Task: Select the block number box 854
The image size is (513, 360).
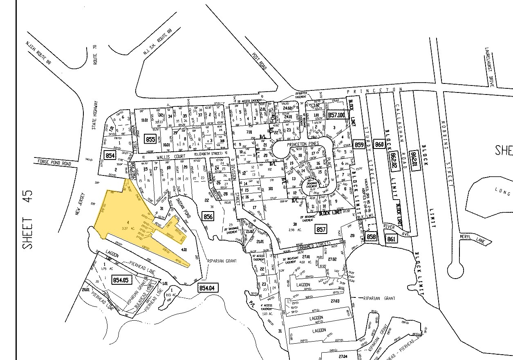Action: pyautogui.click(x=110, y=156)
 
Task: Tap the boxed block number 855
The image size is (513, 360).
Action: pyautogui.click(x=150, y=139)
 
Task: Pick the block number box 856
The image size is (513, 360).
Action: pyautogui.click(x=208, y=216)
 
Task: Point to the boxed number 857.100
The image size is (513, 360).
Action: pyautogui.click(x=337, y=116)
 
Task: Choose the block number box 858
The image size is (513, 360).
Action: pyautogui.click(x=371, y=237)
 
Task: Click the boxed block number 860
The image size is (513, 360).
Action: pyautogui.click(x=379, y=144)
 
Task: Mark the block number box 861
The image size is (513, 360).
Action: pyautogui.click(x=391, y=239)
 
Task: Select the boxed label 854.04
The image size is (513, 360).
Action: pyautogui.click(x=206, y=288)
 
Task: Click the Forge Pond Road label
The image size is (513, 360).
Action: pyautogui.click(x=54, y=163)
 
